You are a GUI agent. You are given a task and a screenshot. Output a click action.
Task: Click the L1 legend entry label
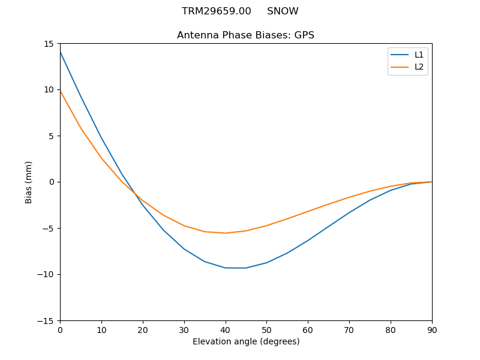tap(419, 55)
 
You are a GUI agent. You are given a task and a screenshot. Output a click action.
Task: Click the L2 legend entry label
tap(419, 67)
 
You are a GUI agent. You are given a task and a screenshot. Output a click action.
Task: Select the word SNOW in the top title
tap(283, 11)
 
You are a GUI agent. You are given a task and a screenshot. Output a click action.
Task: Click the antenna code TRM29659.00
tap(217, 11)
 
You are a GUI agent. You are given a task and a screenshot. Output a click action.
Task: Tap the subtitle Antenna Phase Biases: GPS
tap(245, 35)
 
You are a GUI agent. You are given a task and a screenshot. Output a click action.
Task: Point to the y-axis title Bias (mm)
tap(29, 182)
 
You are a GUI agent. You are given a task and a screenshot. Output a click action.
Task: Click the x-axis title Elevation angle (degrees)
tap(246, 342)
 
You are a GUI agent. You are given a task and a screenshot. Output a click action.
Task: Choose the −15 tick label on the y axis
tap(47, 321)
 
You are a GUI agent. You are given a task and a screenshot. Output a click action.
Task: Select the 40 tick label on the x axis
tap(225, 330)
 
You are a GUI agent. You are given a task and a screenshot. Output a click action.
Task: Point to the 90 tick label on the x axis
tap(432, 330)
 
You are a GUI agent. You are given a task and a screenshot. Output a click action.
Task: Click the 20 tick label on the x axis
tap(143, 330)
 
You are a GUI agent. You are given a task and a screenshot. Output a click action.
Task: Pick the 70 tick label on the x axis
tap(349, 330)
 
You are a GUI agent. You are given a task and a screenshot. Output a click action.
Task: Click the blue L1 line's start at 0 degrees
tap(60, 52)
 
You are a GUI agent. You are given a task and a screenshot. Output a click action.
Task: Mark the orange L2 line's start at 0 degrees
tap(60, 91)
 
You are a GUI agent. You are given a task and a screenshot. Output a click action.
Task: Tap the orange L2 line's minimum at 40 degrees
tap(225, 233)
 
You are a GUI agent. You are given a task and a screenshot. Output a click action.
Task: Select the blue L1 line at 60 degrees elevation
tap(308, 241)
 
